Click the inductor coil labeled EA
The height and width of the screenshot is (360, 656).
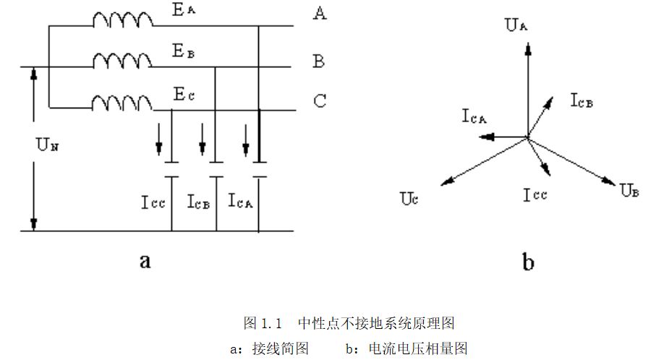coord(122,21)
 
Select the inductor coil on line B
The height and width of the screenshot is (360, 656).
coord(122,62)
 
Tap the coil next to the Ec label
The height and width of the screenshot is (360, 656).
coord(122,104)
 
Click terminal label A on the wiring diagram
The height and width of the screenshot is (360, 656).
coord(319,14)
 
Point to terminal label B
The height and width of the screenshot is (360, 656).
coord(318,61)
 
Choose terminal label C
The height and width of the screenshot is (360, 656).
coord(319,100)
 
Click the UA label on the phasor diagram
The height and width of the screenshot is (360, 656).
coord(515,27)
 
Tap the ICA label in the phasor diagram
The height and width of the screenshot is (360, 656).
coord(474,116)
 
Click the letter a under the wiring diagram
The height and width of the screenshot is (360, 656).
coord(145,261)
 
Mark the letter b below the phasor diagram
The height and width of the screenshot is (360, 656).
coord(528,262)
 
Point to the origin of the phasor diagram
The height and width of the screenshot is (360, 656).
coord(527,136)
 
